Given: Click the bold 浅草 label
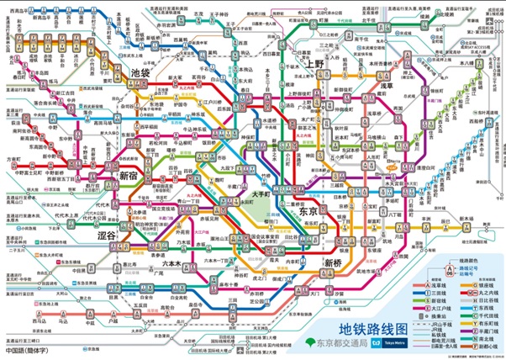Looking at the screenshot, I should (x=385, y=86).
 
